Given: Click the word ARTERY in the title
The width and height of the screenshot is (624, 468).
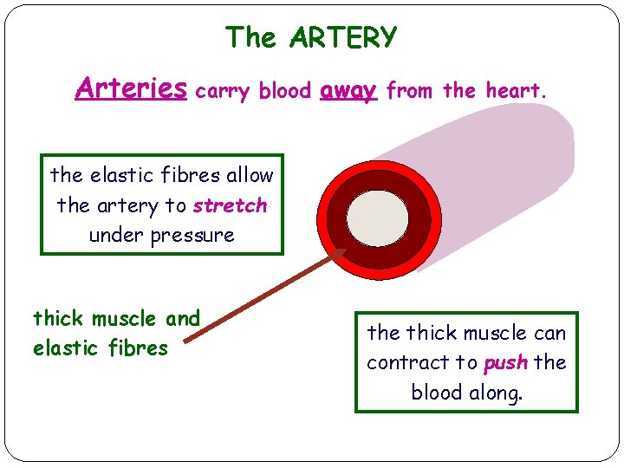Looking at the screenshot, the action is [344, 38].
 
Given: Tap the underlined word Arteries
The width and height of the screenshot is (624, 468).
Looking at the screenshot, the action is [131, 88].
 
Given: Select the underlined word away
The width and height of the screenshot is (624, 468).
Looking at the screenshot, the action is [348, 90].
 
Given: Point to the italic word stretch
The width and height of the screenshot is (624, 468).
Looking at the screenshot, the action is [230, 206].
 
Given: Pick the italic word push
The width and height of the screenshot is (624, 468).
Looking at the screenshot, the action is [505, 362].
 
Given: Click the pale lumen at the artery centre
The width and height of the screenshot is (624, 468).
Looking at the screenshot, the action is [376, 217].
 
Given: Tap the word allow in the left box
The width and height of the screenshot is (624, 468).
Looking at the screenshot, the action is [250, 175].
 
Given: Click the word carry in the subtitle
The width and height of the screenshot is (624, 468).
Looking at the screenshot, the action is [223, 90].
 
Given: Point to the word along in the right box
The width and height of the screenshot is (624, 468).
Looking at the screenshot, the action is [497, 393].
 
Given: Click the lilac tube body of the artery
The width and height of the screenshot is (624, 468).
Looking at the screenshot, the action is [503, 173].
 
